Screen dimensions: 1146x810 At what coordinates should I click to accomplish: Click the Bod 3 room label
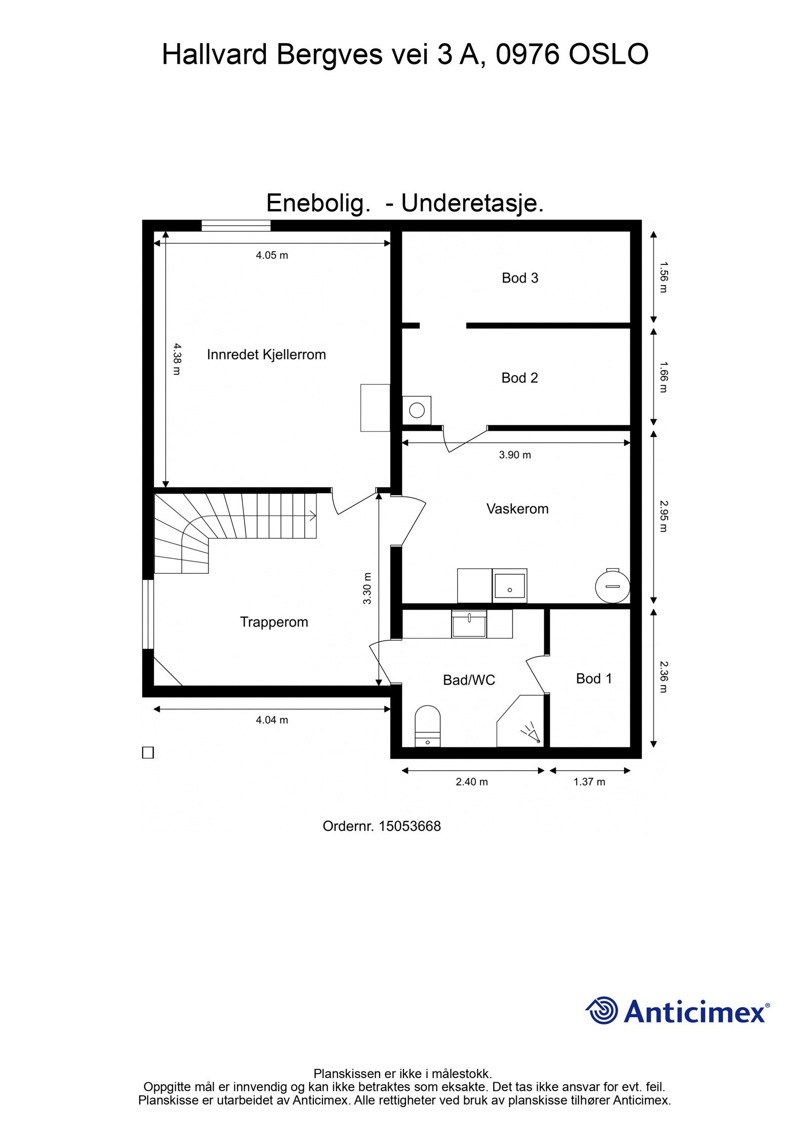(x=519, y=278)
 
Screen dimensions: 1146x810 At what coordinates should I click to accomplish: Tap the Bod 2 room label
(x=519, y=377)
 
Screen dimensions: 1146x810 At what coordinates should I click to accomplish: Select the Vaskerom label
(x=517, y=508)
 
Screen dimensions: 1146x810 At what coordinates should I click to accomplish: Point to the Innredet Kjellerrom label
(x=266, y=354)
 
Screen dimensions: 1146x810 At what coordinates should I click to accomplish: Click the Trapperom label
(x=274, y=621)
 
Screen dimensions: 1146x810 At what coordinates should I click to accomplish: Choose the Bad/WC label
(x=469, y=680)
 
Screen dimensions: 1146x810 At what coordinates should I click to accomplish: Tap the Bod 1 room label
(x=594, y=678)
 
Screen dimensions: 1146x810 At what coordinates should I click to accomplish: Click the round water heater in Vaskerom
(x=613, y=586)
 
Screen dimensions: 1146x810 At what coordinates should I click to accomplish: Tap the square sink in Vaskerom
(x=510, y=585)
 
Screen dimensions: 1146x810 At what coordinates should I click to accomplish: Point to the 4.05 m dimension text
(x=272, y=255)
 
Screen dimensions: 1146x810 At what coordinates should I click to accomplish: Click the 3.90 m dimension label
(x=515, y=455)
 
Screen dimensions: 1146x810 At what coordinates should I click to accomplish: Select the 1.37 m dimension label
(x=589, y=781)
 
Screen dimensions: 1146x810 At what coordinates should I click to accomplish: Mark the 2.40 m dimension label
(x=471, y=781)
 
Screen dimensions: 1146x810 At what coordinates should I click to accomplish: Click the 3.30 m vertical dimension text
(x=368, y=588)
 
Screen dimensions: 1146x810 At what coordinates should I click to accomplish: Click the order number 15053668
(x=410, y=826)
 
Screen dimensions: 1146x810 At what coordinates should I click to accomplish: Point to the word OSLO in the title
(x=608, y=54)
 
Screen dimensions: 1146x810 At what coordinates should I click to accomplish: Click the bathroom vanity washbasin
(x=469, y=624)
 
